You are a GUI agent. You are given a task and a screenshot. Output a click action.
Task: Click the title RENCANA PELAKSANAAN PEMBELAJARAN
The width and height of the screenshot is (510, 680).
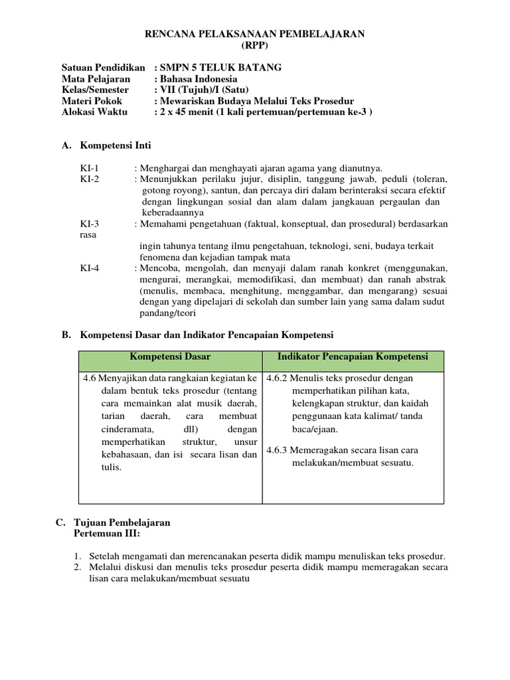(x=254, y=34)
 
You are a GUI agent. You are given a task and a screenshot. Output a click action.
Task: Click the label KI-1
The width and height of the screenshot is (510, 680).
(x=89, y=169)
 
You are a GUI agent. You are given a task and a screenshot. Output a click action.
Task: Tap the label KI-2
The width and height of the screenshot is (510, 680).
(x=89, y=179)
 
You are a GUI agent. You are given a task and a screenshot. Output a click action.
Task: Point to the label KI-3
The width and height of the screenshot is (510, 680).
(x=89, y=224)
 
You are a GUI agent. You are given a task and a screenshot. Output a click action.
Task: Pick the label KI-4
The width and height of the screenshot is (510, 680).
(x=89, y=268)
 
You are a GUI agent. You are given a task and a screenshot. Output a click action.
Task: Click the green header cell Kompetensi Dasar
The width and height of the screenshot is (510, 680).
(x=170, y=357)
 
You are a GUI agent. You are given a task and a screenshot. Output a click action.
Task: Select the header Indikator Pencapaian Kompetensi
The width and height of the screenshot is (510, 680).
(x=353, y=357)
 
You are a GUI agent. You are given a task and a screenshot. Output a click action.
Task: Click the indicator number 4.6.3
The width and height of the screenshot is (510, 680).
(x=278, y=450)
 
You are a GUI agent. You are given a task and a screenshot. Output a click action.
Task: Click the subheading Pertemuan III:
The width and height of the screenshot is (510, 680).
(x=107, y=533)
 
